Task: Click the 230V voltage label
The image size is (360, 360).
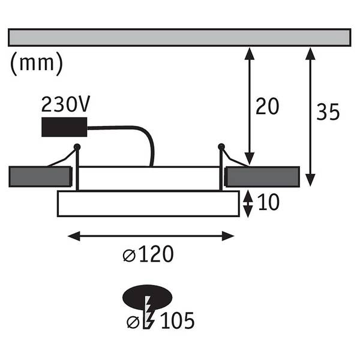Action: pyautogui.click(x=65, y=104)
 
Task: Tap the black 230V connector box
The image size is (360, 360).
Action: pyautogui.click(x=64, y=127)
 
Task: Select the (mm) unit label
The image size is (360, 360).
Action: pyautogui.click(x=37, y=64)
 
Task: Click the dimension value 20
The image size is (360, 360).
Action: pyautogui.click(x=267, y=106)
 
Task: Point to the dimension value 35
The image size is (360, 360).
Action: pyautogui.click(x=328, y=112)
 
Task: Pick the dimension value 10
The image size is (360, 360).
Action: pyautogui.click(x=269, y=202)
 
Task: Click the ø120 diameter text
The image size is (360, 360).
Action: pyautogui.click(x=148, y=254)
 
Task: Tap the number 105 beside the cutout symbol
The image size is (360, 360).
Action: pyautogui.click(x=178, y=320)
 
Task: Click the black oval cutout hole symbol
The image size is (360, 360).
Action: pyautogui.click(x=148, y=297)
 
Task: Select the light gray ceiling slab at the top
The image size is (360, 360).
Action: pyautogui.click(x=179, y=38)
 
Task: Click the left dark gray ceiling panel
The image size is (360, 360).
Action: pyautogui.click(x=40, y=176)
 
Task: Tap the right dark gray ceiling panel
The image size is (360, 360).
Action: pyautogui.click(x=262, y=176)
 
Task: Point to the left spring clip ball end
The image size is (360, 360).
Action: pyautogui.click(x=77, y=147)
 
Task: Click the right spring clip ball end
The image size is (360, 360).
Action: pyautogui.click(x=221, y=147)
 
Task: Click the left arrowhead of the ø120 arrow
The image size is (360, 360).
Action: pyautogui.click(x=74, y=236)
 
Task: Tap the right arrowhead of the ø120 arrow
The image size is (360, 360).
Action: pyautogui.click(x=228, y=236)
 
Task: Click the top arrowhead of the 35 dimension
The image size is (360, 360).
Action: pyautogui.click(x=310, y=53)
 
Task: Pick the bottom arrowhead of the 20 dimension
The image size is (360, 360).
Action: pyautogui.click(x=250, y=158)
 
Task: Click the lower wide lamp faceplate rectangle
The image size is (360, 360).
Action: pyautogui.click(x=148, y=203)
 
